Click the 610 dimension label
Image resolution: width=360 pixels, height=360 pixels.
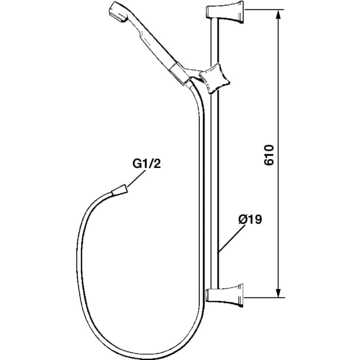point(269,155)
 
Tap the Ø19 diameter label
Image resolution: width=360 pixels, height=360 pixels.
point(250,219)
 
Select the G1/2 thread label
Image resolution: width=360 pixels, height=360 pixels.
point(146,164)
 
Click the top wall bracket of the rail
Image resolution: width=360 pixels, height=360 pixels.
point(224,12)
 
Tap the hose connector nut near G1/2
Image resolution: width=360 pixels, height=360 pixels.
point(119,190)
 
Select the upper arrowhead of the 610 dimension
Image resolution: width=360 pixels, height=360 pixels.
point(278,16)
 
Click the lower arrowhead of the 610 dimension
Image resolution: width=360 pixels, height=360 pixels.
point(278,291)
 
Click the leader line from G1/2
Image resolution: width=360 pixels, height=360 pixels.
point(136,179)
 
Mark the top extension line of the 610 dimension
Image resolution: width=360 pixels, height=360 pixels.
point(264,10)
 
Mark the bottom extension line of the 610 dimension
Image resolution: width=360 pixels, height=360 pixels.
point(264,298)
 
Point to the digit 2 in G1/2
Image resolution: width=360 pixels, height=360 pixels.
point(157,164)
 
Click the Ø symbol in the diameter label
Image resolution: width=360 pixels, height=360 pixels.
point(243,219)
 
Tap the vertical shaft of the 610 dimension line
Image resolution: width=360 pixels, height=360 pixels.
point(278,154)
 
